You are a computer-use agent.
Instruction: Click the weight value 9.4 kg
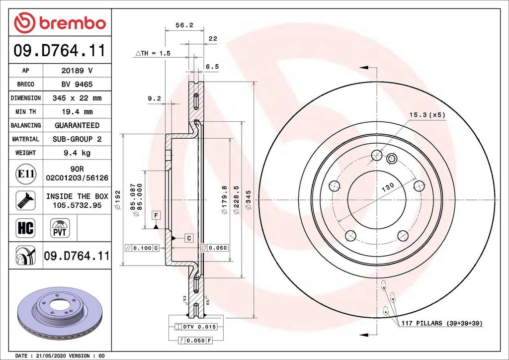coord(77,153)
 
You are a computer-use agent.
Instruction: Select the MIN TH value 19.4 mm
coord(77,112)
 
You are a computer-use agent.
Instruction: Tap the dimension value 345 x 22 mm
coord(77,98)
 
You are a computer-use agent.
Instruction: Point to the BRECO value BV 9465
coord(77,85)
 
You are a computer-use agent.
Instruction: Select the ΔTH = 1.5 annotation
coord(153,53)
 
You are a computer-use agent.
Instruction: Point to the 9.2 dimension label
coord(155,98)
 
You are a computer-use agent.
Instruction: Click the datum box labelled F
coord(156,215)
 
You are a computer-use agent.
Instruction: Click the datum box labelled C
coord(189,238)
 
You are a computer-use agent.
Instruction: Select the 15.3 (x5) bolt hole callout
coord(427,115)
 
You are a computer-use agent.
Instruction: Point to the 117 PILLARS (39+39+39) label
coord(441,323)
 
